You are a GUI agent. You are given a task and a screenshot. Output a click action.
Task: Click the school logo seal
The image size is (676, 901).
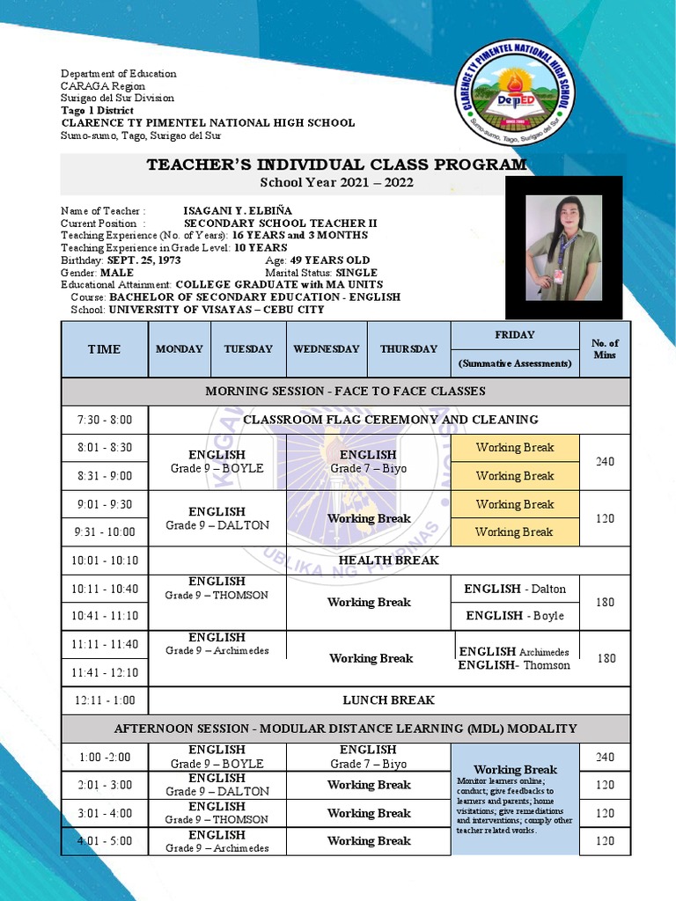515,93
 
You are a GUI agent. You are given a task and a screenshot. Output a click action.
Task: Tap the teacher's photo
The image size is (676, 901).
563,247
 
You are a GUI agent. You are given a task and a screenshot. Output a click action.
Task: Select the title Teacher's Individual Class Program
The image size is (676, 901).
336,165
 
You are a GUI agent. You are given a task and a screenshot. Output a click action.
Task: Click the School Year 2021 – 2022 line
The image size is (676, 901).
336,183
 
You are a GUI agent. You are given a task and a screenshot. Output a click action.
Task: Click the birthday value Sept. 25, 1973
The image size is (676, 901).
143,260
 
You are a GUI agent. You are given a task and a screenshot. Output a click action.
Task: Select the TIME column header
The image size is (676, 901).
104,349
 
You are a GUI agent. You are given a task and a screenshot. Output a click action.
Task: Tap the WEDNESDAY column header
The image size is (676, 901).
327,349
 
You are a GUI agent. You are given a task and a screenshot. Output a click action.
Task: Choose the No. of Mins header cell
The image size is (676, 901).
605,349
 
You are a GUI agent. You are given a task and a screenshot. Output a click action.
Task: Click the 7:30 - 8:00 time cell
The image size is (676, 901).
104,420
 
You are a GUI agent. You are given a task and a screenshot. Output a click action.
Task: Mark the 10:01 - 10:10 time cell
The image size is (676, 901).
104,560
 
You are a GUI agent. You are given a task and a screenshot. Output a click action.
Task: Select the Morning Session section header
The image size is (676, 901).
345,391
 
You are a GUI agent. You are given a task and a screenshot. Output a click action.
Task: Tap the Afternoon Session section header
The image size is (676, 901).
345,729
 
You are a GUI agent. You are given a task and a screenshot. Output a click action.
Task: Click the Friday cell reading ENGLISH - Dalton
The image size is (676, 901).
515,589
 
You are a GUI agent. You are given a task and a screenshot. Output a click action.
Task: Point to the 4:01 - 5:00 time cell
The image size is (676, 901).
104,841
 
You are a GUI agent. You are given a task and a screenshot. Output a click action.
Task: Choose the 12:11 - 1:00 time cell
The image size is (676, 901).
104,700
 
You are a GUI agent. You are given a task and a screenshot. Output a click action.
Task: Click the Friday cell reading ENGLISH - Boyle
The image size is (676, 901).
515,616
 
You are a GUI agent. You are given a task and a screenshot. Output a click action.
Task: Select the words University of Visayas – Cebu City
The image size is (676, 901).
217,310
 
